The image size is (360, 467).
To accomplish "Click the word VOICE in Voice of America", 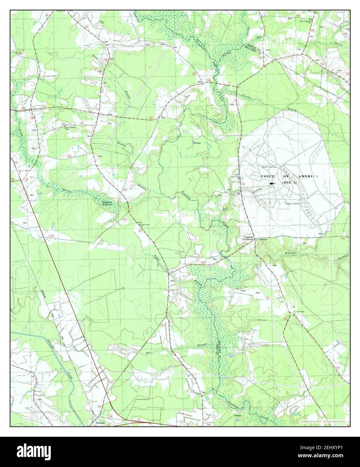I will click(268, 176).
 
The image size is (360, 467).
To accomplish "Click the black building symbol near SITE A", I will click(272, 184).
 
